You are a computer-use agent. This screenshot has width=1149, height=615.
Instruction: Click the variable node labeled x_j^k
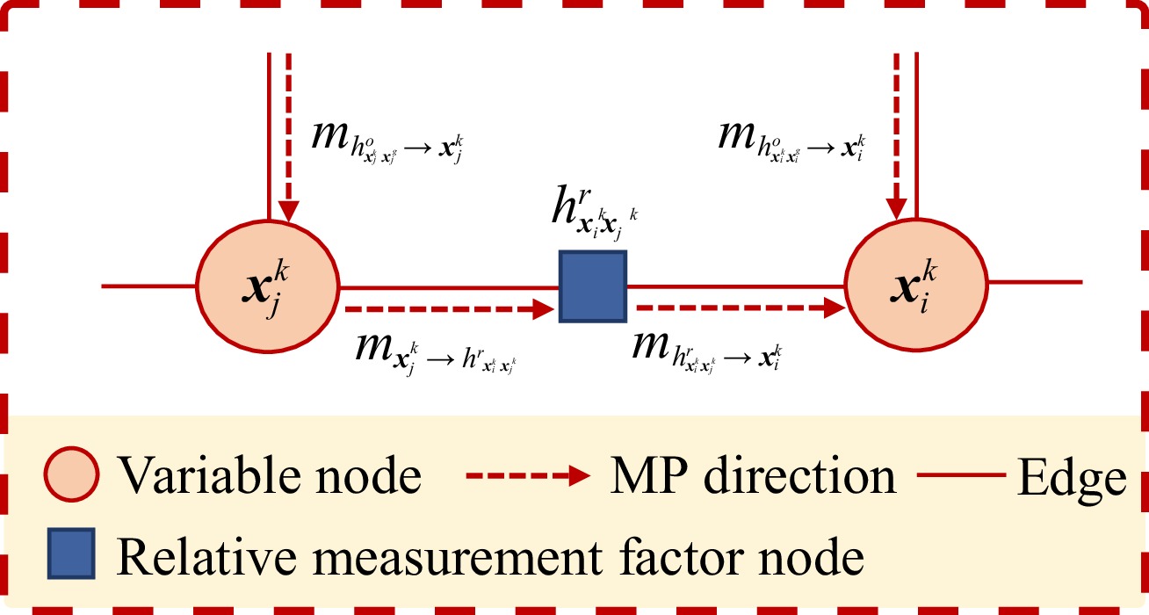click(267, 286)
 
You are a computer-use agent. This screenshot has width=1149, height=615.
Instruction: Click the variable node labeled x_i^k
click(916, 286)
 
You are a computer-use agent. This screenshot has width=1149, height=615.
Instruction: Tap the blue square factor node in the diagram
click(593, 286)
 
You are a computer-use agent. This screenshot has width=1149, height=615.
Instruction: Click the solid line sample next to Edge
click(961, 477)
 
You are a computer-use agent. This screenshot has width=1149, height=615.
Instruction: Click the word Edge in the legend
click(1071, 479)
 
